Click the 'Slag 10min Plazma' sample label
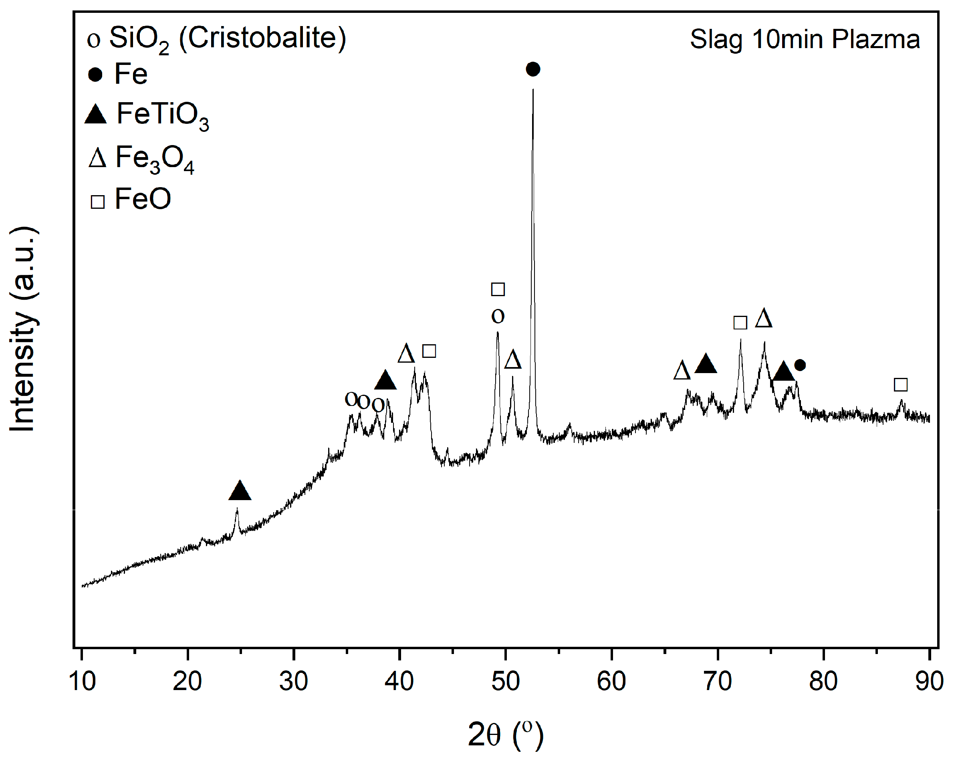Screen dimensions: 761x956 805,39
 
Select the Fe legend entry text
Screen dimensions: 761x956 130,74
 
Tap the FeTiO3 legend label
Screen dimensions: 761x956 162,115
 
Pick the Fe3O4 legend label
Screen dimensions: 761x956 154,158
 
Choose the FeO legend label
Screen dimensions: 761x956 142,199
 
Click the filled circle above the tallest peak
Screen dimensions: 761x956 532,69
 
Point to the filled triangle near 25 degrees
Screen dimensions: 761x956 240,491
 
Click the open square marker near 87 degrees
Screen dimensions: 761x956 900,384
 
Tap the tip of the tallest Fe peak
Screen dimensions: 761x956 532,90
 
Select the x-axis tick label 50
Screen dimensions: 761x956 505,681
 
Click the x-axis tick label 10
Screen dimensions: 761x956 82,681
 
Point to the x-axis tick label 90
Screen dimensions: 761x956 929,681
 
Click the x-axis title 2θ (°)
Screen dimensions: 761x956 505,735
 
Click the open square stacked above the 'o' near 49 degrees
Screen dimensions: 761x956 498,289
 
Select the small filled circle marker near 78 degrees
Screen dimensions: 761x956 799,365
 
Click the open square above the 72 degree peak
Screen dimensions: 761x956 740,323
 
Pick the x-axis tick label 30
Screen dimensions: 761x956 293,681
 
